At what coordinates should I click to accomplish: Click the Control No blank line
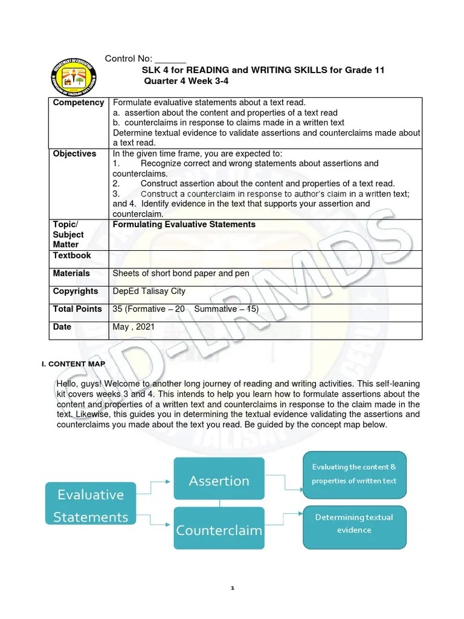pyautogui.click(x=170, y=59)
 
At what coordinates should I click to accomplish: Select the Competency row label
pyautogui.click(x=79, y=103)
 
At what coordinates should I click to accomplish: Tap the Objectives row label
pyautogui.click(x=74, y=154)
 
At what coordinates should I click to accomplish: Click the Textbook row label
pyautogui.click(x=71, y=256)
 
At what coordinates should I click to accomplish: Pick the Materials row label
pyautogui.click(x=71, y=273)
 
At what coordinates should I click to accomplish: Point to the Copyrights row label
pyautogui.click(x=76, y=291)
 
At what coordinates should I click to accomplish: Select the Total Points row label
pyautogui.click(x=77, y=309)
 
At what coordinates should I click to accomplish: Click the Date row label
pyautogui.click(x=62, y=326)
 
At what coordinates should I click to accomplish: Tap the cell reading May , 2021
pyautogui.click(x=134, y=326)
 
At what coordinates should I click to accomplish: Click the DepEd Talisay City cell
pyautogui.click(x=148, y=291)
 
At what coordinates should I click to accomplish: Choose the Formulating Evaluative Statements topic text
pyautogui.click(x=184, y=224)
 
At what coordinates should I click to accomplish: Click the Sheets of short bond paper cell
pyautogui.click(x=181, y=273)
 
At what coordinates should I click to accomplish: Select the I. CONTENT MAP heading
pyautogui.click(x=72, y=363)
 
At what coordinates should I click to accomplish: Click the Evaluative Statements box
pyautogui.click(x=90, y=505)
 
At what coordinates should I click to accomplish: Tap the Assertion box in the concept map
pyautogui.click(x=219, y=481)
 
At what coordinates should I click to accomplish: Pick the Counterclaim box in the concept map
pyautogui.click(x=219, y=530)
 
